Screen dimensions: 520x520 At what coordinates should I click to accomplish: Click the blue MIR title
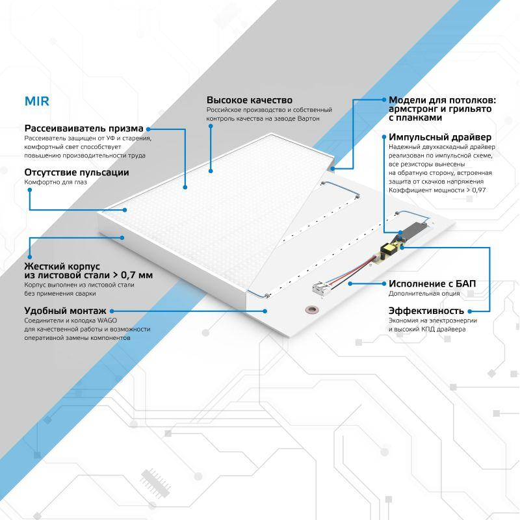point(37,102)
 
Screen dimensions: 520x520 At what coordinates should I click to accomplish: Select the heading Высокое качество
point(249,100)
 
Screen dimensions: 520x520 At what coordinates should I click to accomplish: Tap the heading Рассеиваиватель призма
point(84,128)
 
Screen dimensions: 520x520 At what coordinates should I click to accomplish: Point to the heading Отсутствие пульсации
point(76,172)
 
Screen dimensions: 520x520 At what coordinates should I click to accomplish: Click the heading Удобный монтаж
point(65,311)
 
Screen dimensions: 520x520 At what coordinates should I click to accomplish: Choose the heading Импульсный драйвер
point(439,137)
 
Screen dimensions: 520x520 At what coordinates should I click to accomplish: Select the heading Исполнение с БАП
point(432,283)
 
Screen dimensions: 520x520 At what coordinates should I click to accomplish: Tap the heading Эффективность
point(426,310)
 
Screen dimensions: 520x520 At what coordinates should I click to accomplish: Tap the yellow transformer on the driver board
point(391,248)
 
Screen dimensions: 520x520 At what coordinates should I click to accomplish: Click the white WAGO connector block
point(322,288)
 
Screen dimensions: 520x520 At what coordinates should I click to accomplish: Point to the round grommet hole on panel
point(313,309)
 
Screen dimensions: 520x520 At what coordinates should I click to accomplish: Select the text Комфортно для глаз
point(55,183)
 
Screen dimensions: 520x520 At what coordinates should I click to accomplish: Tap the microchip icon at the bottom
point(154,482)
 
